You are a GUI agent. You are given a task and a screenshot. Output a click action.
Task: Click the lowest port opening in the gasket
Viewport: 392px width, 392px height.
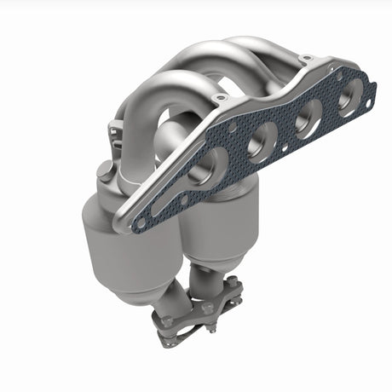210,167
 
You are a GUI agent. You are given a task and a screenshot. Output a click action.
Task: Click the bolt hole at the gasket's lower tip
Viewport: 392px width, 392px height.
141,223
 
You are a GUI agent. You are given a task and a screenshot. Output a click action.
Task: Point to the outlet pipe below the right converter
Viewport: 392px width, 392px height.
209,277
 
